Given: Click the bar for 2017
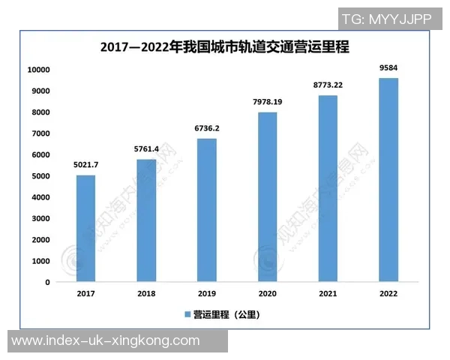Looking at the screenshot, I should pos(85,229).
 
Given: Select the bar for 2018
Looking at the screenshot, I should pos(146,220).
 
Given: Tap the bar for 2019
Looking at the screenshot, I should pos(207,210).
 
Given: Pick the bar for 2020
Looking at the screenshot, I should pos(268,197).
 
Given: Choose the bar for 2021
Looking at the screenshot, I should pos(328,188).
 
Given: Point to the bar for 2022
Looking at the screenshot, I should pos(388,180).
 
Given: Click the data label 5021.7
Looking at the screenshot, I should pos(85,164).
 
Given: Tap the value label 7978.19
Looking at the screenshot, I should pos(268,101).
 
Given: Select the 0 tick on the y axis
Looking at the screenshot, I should pos(47,283).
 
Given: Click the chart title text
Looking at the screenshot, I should pos(225,47).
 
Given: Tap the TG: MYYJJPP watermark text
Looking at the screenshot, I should pos(386,19).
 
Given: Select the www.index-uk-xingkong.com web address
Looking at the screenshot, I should pos(106,341).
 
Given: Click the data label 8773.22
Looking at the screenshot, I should pos(328,85).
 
